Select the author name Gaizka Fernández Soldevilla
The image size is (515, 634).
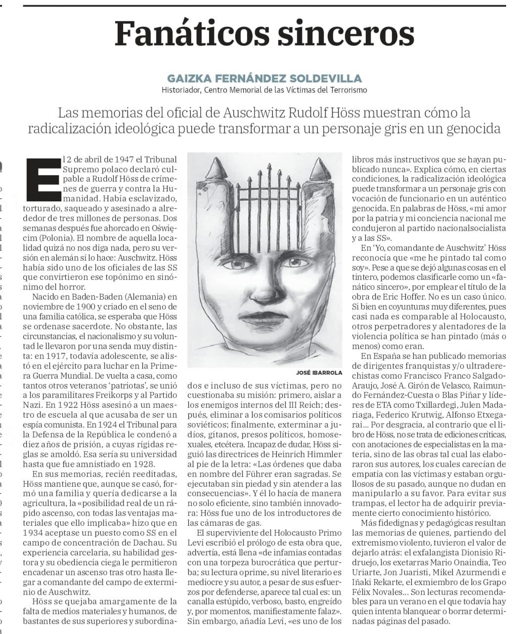pyautogui.click(x=264, y=78)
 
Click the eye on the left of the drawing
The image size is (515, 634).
pyautogui.click(x=230, y=265)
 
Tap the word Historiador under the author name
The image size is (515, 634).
pyautogui.click(x=180, y=90)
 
